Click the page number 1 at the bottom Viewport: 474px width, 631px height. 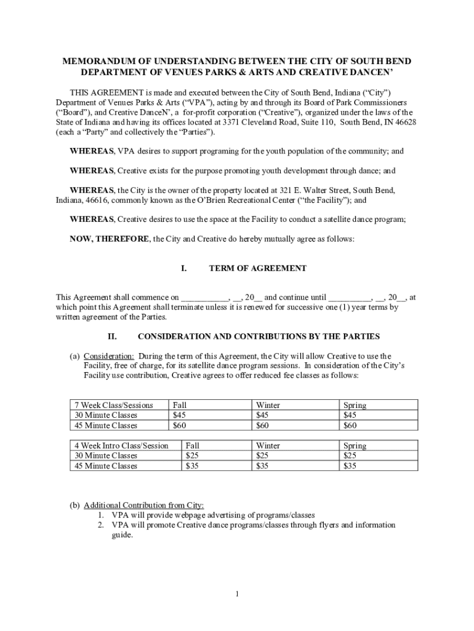point(236,594)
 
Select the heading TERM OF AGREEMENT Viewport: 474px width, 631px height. point(257,269)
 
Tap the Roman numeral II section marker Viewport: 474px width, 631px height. point(112,336)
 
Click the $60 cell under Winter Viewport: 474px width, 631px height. point(263,425)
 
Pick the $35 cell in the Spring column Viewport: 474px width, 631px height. point(350,466)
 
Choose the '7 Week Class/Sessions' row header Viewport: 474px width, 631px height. point(113,405)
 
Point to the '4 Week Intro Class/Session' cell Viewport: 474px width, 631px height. point(121,446)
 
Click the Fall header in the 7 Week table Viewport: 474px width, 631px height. point(180,405)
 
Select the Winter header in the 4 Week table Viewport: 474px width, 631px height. point(268,446)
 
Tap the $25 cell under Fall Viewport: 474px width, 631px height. point(192,456)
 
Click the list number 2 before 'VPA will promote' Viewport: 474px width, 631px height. point(100,525)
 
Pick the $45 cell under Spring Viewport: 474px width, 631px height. point(350,415)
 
